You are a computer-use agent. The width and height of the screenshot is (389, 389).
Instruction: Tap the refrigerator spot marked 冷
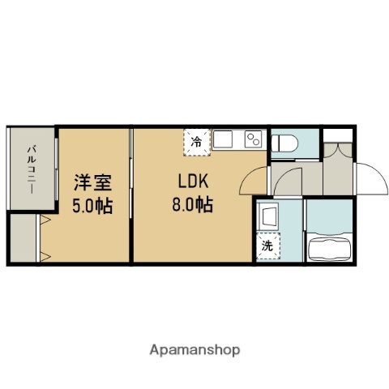pyautogui.click(x=196, y=140)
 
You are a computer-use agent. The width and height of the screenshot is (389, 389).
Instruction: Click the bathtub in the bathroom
pyautogui.click(x=331, y=246)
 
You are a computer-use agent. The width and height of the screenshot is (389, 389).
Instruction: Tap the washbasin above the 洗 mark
pyautogui.click(x=267, y=216)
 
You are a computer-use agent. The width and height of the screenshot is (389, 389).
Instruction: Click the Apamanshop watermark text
pyautogui.click(x=194, y=350)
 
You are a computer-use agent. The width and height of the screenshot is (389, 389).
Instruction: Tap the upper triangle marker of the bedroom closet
pyautogui.click(x=46, y=218)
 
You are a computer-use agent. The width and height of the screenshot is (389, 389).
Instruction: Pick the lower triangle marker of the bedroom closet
pyautogui.click(x=46, y=258)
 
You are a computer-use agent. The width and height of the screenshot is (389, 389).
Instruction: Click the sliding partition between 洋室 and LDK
pyautogui.click(x=132, y=194)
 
